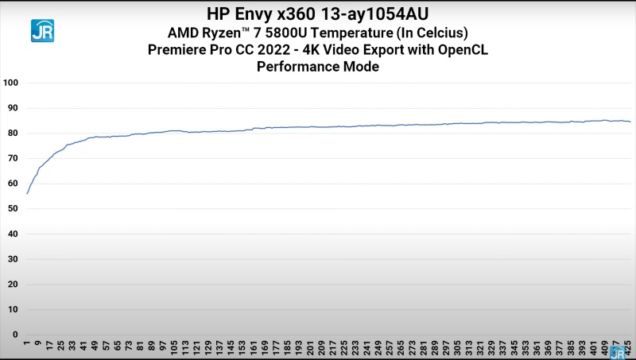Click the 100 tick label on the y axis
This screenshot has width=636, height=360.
coord(10,83)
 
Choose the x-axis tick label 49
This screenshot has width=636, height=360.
coord(95,348)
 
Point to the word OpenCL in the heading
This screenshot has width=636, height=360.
coord(461,50)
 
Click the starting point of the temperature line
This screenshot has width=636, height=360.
coord(27,193)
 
